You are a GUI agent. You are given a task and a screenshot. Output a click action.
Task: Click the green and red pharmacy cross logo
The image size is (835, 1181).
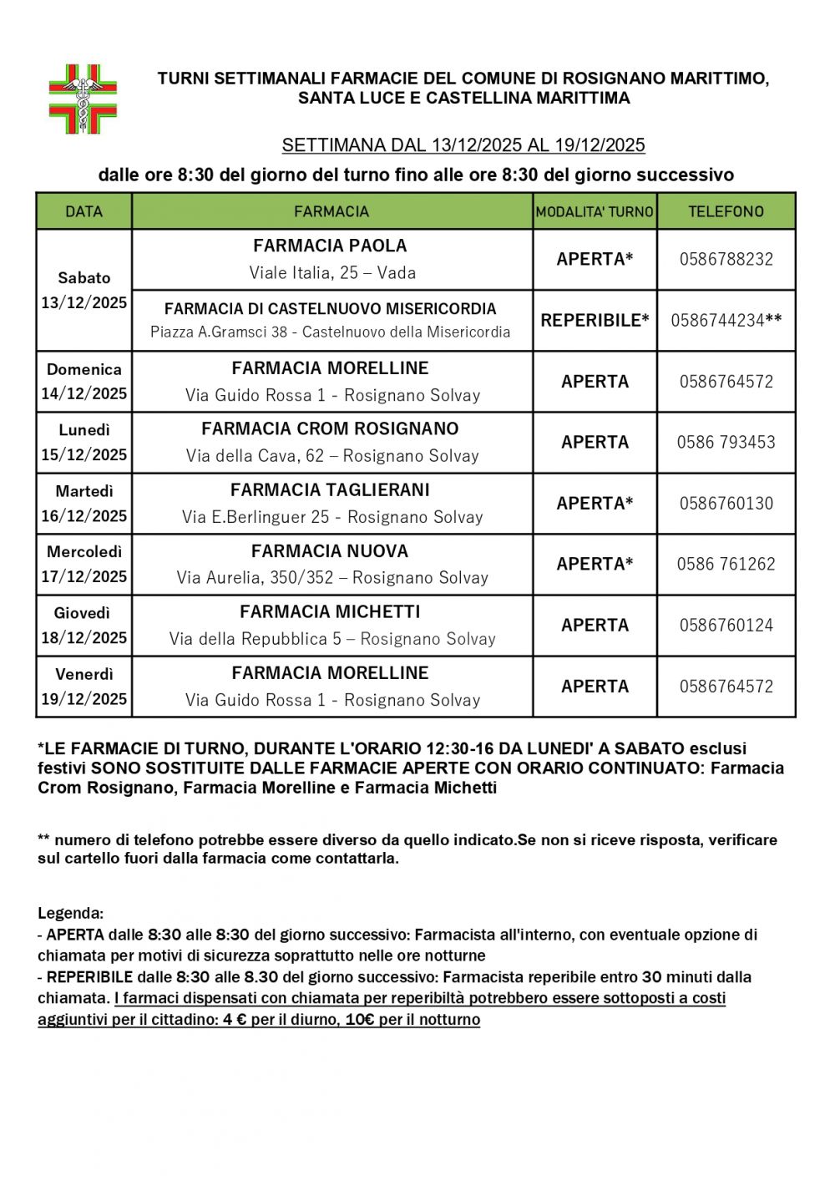83,99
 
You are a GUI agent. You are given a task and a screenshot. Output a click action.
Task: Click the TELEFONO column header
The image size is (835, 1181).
726,211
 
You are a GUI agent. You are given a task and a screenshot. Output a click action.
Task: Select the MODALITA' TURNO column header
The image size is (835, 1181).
595,212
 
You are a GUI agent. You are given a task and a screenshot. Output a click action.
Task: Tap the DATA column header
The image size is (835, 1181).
83,211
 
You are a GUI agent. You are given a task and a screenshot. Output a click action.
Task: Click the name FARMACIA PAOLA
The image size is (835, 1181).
331,246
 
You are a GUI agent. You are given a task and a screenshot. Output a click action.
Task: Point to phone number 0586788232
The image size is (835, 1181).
726,259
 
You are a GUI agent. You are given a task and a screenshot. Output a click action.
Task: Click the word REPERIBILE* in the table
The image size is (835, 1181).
595,320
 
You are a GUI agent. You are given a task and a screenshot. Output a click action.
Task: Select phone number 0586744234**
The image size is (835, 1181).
726,320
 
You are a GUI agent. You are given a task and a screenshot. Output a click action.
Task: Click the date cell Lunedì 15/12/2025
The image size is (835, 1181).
84,443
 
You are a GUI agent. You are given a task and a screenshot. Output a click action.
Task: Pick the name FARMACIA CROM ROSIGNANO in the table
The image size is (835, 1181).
331,428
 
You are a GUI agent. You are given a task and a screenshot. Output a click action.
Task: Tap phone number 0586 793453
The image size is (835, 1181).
726,442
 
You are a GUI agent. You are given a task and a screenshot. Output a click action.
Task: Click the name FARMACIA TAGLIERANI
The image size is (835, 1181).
331,489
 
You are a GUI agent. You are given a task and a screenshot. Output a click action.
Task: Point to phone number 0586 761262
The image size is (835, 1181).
726,564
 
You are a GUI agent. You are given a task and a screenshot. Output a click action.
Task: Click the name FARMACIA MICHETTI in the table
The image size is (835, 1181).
331,611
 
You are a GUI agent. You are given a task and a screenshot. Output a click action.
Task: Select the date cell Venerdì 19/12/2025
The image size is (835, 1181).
84,687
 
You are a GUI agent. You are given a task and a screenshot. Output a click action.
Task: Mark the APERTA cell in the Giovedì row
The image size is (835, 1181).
595,625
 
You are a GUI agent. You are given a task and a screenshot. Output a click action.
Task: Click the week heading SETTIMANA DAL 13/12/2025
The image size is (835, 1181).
463,145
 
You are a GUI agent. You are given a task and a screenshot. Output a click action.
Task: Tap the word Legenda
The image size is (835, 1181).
71,913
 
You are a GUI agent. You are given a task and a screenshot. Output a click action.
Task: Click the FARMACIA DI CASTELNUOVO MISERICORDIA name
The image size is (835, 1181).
331,308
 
